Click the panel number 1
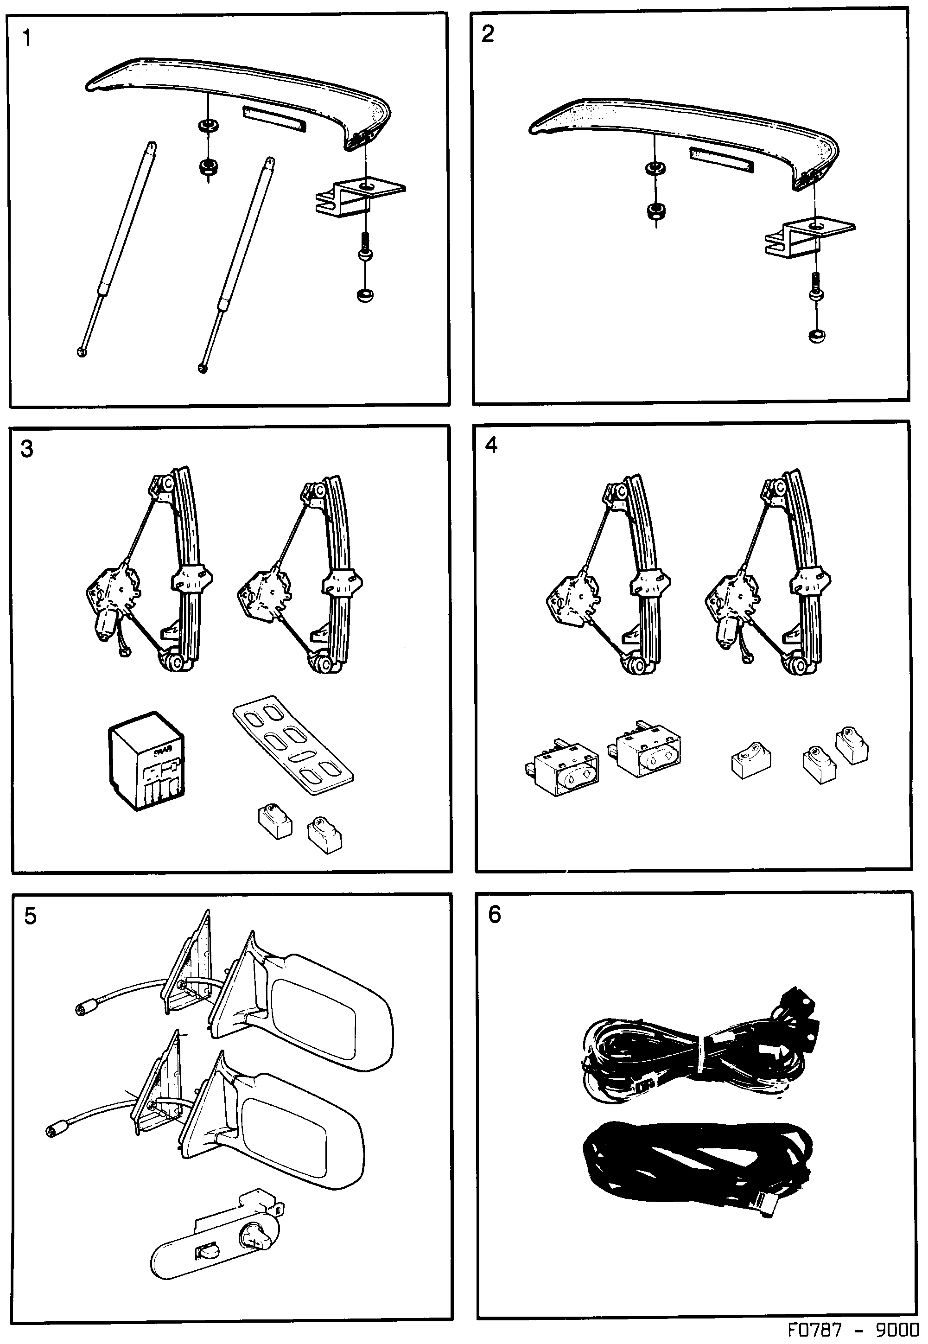coord(26,39)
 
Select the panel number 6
coord(494,914)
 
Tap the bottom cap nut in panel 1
coord(364,295)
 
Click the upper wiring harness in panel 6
coord(698,1052)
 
